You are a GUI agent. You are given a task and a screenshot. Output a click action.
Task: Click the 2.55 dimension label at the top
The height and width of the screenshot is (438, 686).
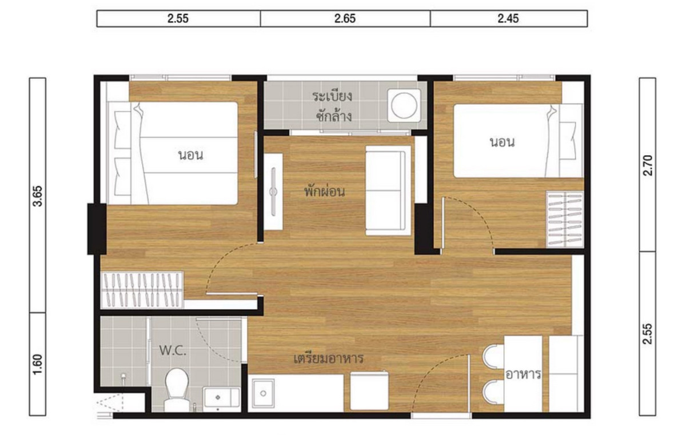point(178,19)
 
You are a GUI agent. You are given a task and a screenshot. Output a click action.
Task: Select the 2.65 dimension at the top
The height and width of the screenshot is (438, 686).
point(345,19)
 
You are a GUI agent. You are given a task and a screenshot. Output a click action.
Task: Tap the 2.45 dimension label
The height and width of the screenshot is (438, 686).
point(508,19)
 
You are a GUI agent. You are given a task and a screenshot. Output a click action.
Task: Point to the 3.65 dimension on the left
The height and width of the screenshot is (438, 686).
point(38,196)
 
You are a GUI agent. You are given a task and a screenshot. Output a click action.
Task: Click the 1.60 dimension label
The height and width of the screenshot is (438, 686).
point(38,364)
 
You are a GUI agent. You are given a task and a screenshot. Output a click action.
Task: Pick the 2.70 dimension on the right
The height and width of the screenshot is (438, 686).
point(648,165)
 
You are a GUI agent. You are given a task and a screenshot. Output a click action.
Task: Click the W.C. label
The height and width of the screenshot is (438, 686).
point(173,350)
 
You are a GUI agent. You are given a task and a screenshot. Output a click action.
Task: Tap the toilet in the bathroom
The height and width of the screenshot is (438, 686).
point(177,389)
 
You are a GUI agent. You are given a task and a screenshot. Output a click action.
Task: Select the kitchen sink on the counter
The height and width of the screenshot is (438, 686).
point(263,393)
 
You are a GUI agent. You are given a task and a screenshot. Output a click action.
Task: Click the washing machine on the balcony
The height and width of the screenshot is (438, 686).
point(404,105)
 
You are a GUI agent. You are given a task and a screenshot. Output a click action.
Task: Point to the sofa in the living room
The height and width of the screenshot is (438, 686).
point(388,191)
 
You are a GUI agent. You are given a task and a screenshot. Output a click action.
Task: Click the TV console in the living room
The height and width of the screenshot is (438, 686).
point(273,192)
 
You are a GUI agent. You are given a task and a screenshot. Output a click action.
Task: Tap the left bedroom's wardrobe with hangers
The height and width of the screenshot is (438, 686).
point(142,290)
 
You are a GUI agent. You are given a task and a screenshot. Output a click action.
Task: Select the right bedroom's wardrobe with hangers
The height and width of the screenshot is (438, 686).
point(565,219)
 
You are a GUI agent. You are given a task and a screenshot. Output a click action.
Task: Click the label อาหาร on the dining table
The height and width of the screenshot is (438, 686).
point(523,374)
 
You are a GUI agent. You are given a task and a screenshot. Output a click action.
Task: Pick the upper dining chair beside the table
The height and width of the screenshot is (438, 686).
point(493,356)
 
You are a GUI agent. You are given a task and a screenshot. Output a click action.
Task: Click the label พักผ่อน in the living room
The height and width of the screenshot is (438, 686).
point(324,191)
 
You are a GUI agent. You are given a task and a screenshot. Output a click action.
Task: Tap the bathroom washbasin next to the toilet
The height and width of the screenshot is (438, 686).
point(221,397)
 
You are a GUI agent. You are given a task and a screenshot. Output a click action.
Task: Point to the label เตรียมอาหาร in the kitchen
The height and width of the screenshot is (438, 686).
point(328,358)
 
